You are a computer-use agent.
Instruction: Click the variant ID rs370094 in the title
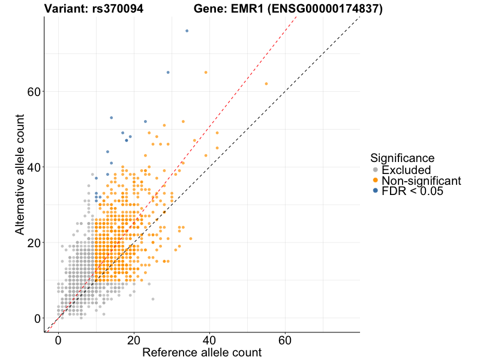coord(118,9)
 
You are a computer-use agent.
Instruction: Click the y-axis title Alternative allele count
coord(20,174)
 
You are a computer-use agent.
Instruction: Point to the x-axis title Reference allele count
coord(202,352)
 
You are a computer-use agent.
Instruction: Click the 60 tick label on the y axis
coord(34,92)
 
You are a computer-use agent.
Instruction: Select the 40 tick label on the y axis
coord(34,167)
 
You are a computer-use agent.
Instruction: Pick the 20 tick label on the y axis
coord(34,243)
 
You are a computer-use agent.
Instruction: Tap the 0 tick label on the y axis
coord(37,319)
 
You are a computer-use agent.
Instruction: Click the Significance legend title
coord(403,158)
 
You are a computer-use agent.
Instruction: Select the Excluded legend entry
coord(406,170)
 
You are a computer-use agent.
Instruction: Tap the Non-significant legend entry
coord(421,181)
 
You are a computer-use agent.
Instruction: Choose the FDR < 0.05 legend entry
coord(413,191)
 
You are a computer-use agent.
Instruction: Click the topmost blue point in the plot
coord(187,31)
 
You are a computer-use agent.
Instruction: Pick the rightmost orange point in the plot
coord(266,83)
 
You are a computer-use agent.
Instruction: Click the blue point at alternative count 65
coord(168,72)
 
